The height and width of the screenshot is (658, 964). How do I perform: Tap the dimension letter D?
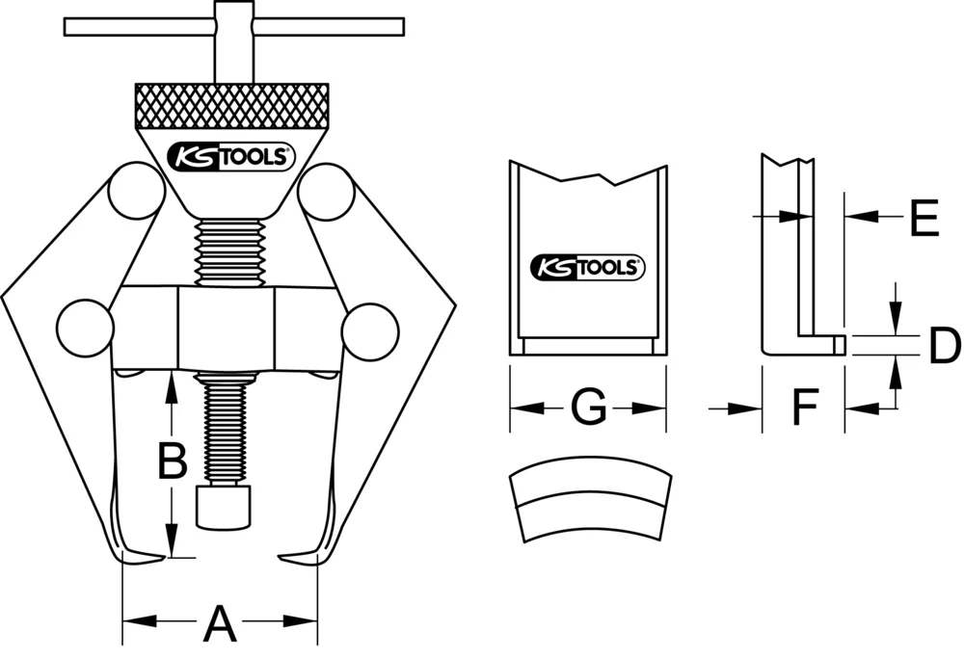[945, 346]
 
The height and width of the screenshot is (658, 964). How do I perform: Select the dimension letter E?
[923, 219]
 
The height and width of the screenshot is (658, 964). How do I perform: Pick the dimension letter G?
[588, 408]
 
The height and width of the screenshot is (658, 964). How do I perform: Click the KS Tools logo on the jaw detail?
[588, 267]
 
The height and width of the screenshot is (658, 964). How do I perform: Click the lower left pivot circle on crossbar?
[85, 329]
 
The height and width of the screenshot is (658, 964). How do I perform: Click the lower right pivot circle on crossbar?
[370, 329]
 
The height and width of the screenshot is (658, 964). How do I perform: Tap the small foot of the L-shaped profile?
[836, 343]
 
